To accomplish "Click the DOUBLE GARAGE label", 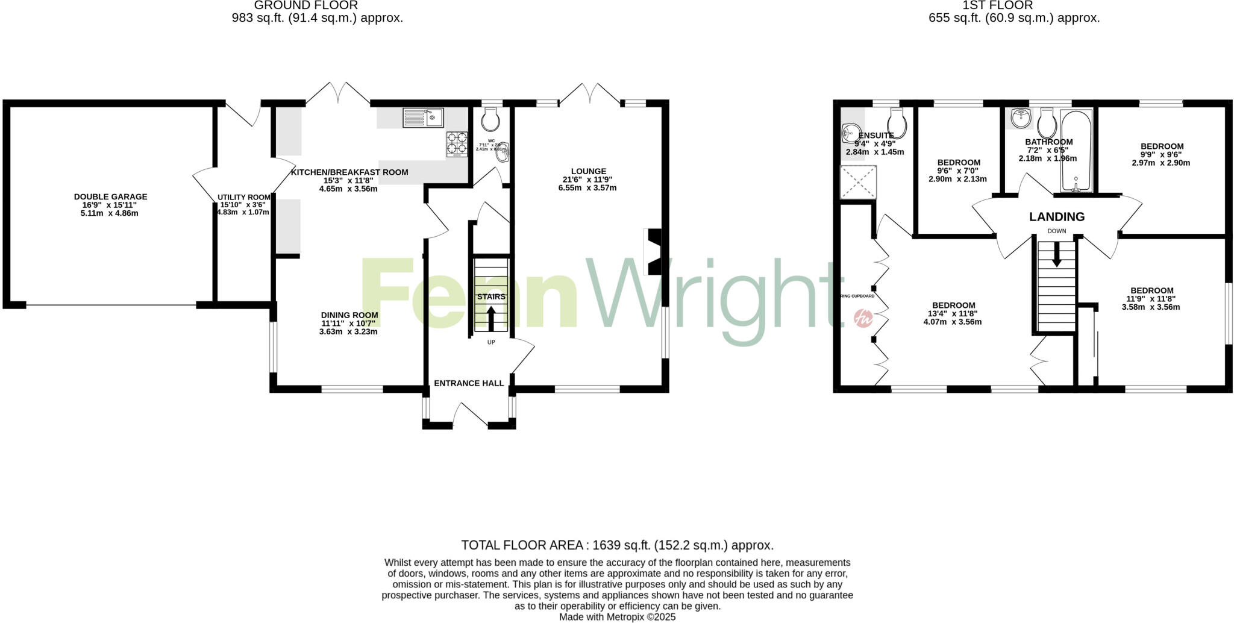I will (110, 197).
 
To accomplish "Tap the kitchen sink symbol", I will (423, 117).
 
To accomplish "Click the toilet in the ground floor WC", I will (491, 119).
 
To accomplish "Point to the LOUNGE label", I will (589, 171).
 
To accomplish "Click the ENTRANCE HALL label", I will (469, 383).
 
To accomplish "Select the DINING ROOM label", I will (349, 315).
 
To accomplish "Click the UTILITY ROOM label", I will (244, 197).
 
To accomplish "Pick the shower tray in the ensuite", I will (858, 182).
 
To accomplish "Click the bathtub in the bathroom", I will (1076, 151).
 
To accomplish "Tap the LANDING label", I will (1057, 217).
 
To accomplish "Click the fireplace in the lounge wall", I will (654, 251).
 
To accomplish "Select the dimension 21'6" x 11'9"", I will (587, 180).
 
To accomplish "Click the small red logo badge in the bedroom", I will (863, 318).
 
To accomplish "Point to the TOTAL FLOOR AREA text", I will (617, 545).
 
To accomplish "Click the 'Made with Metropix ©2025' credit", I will (617, 617).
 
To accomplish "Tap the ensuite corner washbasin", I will (851, 133).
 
